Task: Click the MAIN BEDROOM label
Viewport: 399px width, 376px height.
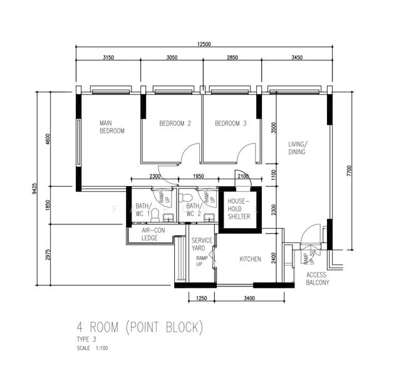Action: click(x=112, y=127)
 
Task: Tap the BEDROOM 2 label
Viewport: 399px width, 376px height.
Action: click(x=175, y=123)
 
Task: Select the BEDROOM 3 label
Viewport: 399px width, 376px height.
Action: click(x=231, y=123)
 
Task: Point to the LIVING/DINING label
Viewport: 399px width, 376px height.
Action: click(x=298, y=148)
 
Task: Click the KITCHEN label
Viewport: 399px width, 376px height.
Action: click(x=250, y=259)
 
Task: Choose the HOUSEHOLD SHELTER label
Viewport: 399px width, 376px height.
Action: click(x=239, y=209)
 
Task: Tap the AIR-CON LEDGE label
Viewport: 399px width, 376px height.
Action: click(x=153, y=234)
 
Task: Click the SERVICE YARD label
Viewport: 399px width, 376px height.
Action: click(x=202, y=244)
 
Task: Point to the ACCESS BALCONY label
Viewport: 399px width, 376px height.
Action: click(x=318, y=278)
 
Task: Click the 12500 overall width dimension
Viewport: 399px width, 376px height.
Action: click(x=204, y=44)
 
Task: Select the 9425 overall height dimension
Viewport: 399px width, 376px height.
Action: click(x=34, y=189)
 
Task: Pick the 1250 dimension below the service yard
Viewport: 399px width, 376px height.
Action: click(x=201, y=298)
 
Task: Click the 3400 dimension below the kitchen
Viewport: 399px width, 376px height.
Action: click(x=249, y=298)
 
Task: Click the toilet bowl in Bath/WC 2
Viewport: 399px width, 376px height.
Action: click(x=185, y=197)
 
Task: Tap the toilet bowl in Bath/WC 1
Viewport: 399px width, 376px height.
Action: click(x=155, y=215)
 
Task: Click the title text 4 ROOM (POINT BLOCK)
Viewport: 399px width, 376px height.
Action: click(x=140, y=327)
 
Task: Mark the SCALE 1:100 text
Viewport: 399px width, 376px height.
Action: click(x=92, y=348)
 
